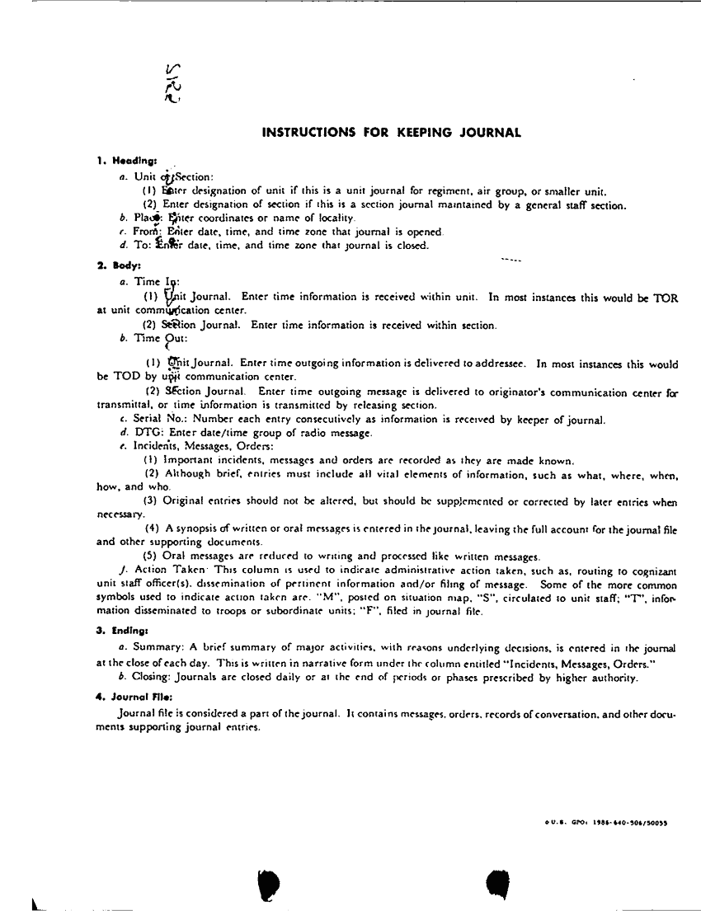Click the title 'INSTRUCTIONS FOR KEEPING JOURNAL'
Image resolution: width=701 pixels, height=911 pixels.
tap(391, 132)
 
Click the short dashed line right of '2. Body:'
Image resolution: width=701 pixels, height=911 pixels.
tap(510, 261)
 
